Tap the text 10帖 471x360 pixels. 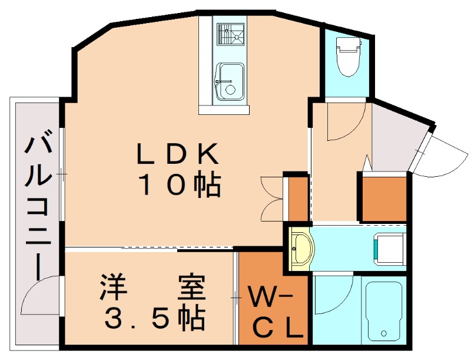coord(180,186)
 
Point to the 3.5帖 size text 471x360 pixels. coord(155,319)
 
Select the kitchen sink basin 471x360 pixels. coord(230,81)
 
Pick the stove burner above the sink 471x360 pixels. coord(230,35)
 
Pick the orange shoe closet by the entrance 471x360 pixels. coord(384,198)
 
